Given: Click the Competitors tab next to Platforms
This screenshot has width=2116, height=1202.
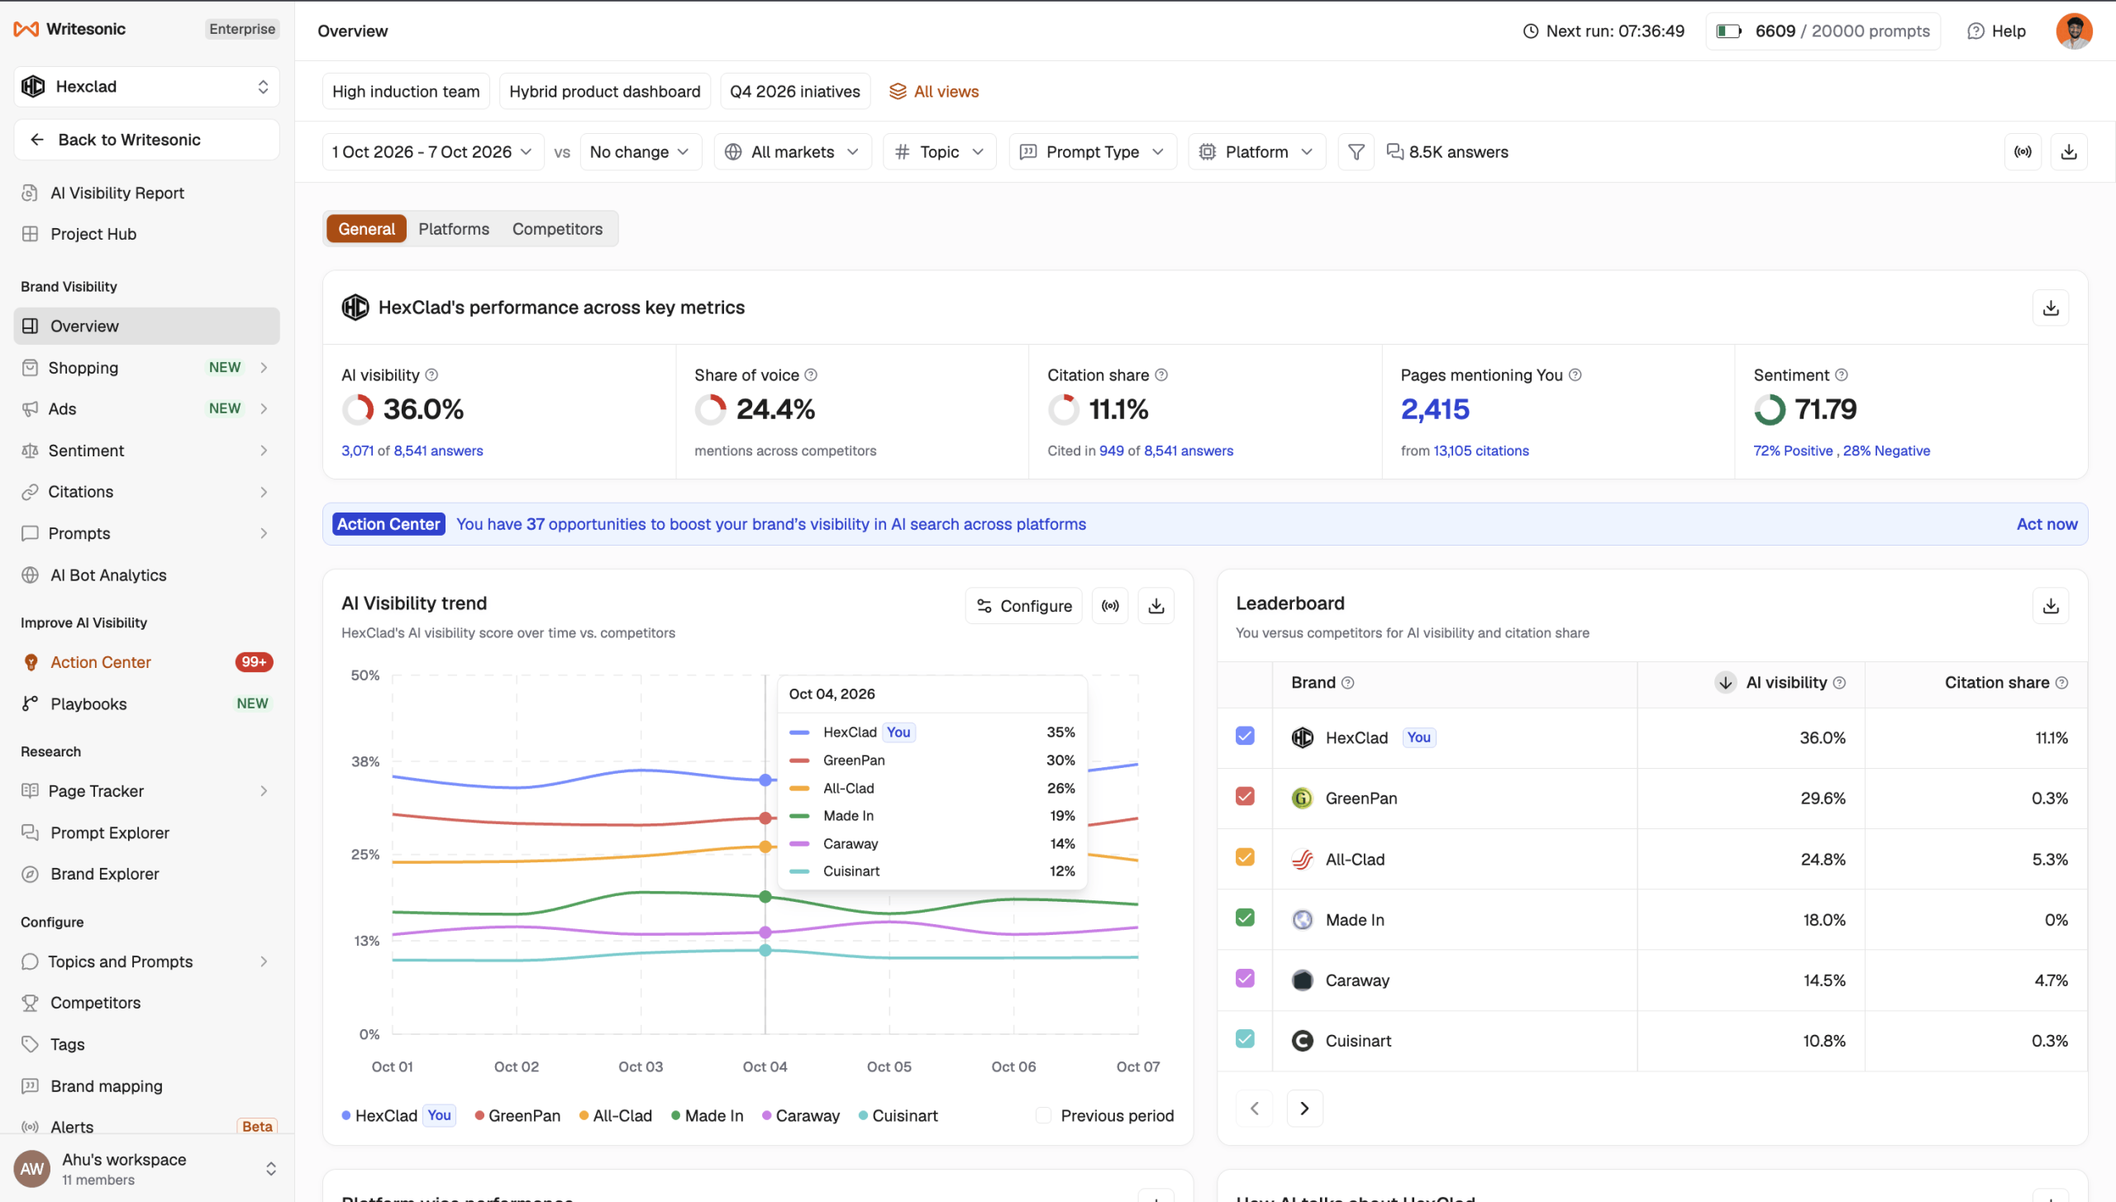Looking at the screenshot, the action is pos(557,229).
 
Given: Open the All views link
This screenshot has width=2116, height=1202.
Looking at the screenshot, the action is pos(933,92).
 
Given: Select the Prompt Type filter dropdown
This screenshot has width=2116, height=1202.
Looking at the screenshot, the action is pos(1092,152).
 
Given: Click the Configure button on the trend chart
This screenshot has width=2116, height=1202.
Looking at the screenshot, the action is pos(1023,606).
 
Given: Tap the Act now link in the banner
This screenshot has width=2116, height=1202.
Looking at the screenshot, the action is pos(2047,524).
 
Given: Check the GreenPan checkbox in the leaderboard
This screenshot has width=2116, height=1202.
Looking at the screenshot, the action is pos(1245,797).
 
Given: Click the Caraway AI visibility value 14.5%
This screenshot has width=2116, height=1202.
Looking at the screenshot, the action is pos(1824,980).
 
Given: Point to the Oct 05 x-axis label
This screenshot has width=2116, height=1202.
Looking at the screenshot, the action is pos(889,1066).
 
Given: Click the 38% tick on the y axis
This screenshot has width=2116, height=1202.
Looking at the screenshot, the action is pos(365,761).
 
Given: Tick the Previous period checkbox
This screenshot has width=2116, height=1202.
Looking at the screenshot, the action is pos(1044,1115).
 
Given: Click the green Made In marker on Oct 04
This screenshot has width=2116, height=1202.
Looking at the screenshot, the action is pos(765,897).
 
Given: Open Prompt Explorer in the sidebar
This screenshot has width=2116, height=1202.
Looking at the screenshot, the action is pos(110,832).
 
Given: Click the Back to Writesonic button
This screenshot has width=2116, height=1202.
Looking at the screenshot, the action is pos(147,140).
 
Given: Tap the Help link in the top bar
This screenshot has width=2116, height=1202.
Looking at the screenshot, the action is pos(1996,31).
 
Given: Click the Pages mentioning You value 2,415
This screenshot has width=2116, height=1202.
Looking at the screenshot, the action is pos(1435,409).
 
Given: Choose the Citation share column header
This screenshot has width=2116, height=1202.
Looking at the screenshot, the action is pos(1996,683).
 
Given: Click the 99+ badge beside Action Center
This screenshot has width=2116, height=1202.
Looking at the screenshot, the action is pos(254,662).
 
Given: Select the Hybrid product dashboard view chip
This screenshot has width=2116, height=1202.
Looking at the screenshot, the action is pos(604,92).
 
